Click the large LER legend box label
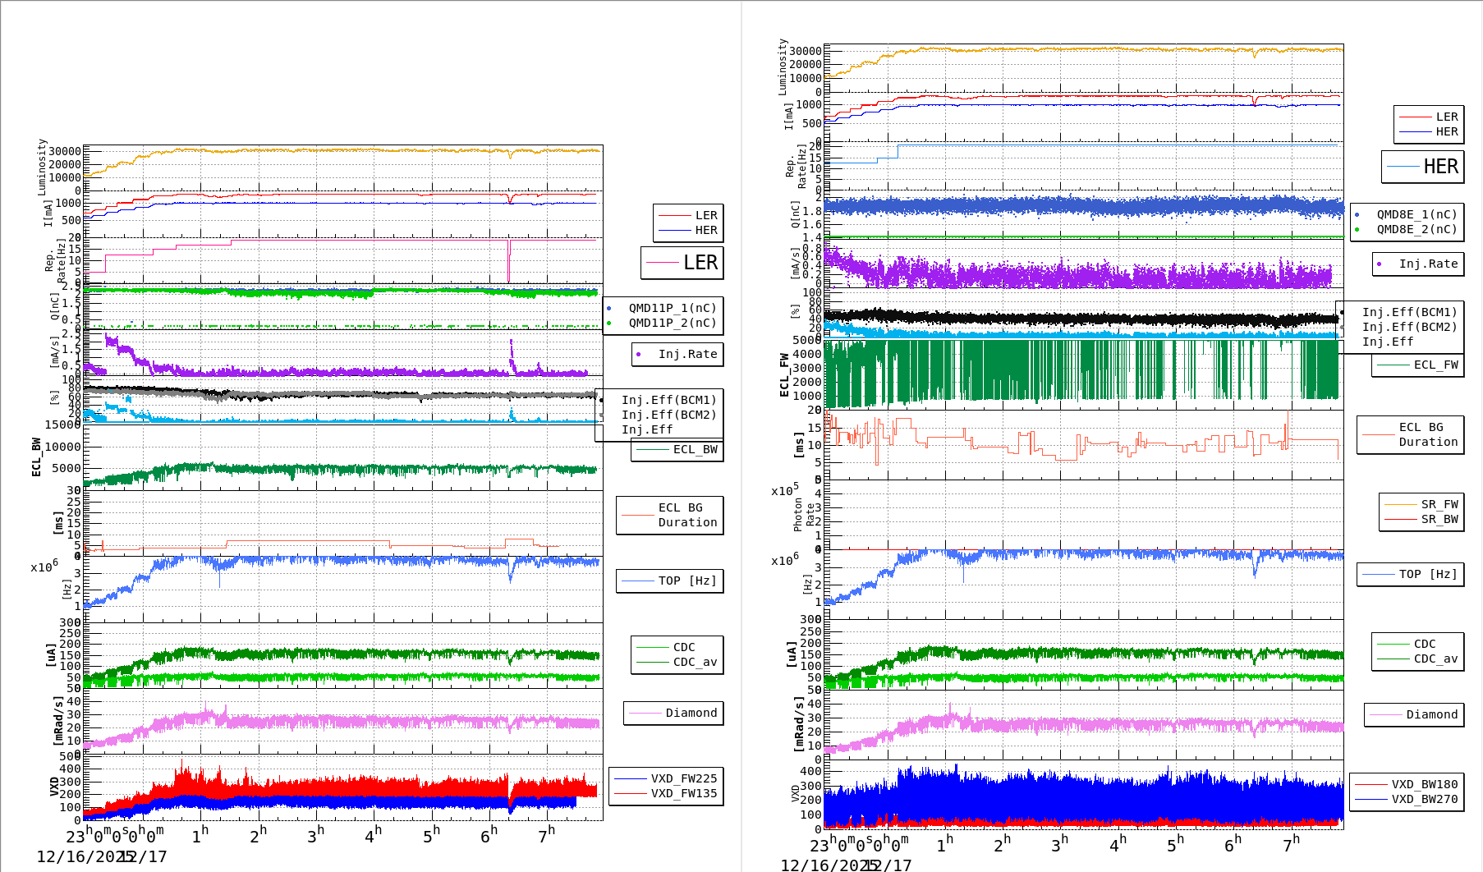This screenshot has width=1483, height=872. [700, 263]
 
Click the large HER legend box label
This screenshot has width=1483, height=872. [1440, 167]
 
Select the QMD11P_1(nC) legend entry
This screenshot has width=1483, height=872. [672, 308]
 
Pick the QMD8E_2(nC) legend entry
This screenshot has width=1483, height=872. [1416, 229]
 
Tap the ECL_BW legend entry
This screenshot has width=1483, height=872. [694, 449]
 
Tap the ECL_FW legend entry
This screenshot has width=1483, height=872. [1435, 365]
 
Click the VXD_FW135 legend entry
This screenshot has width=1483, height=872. [683, 793]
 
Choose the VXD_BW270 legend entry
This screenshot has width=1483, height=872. [1424, 799]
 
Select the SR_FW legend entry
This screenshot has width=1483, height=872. [1439, 504]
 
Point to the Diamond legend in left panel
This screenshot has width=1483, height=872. [691, 713]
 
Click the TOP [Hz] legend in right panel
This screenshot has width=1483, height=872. [1428, 574]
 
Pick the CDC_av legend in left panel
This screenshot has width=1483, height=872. [695, 662]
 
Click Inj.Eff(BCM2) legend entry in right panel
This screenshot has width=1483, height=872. [1409, 327]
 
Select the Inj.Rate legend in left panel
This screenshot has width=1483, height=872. [687, 354]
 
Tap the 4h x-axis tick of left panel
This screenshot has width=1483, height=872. [374, 836]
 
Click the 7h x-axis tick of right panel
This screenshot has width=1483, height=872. [1291, 842]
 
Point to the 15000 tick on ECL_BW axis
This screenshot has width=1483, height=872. [63, 425]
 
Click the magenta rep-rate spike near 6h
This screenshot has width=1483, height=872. [508, 260]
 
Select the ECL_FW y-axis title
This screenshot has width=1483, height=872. [784, 374]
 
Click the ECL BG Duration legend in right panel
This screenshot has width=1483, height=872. [1428, 434]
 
